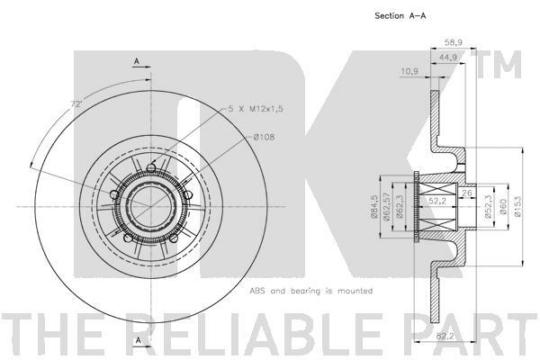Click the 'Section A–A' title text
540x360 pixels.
[x=400, y=16]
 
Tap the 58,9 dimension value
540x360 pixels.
[x=454, y=42]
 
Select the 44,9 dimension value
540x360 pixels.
[x=447, y=58]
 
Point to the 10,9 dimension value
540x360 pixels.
[x=409, y=72]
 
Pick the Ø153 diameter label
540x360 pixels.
[x=518, y=206]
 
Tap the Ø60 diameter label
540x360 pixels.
[x=503, y=207]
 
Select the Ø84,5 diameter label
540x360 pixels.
[x=374, y=207]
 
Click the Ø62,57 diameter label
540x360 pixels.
[x=387, y=207]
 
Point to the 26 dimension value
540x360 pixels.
[x=467, y=193]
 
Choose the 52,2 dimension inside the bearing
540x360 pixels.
[x=437, y=201]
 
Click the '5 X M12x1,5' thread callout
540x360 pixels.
[x=256, y=109]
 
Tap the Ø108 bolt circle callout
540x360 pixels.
[x=264, y=137]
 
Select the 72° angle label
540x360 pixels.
[x=76, y=103]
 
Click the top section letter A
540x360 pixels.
[x=137, y=61]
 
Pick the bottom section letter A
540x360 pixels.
[x=138, y=340]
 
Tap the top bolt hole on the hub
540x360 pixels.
[x=151, y=168]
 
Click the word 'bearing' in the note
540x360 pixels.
[x=306, y=292]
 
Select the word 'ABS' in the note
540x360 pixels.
[x=257, y=291]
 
